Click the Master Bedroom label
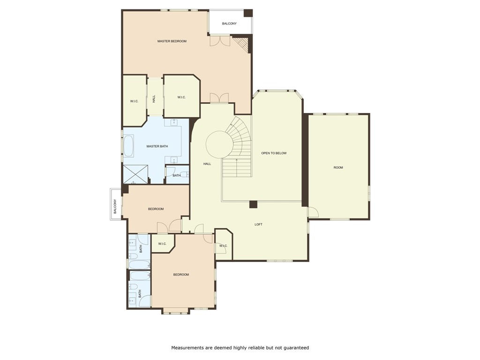tap(172, 41)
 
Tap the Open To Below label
tap(274, 153)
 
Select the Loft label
tap(258, 225)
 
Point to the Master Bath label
tap(157, 146)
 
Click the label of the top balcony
tap(229, 23)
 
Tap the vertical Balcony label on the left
tap(115, 207)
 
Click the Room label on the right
tap(338, 167)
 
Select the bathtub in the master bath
tap(128, 146)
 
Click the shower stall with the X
tap(135, 174)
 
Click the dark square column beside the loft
tap(253, 204)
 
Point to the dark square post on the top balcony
tap(248, 14)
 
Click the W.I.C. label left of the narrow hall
tap(134, 101)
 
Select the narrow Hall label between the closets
tap(154, 98)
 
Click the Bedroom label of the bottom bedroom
tap(181, 275)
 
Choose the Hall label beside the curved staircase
tap(207, 164)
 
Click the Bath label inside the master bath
tap(177, 175)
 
